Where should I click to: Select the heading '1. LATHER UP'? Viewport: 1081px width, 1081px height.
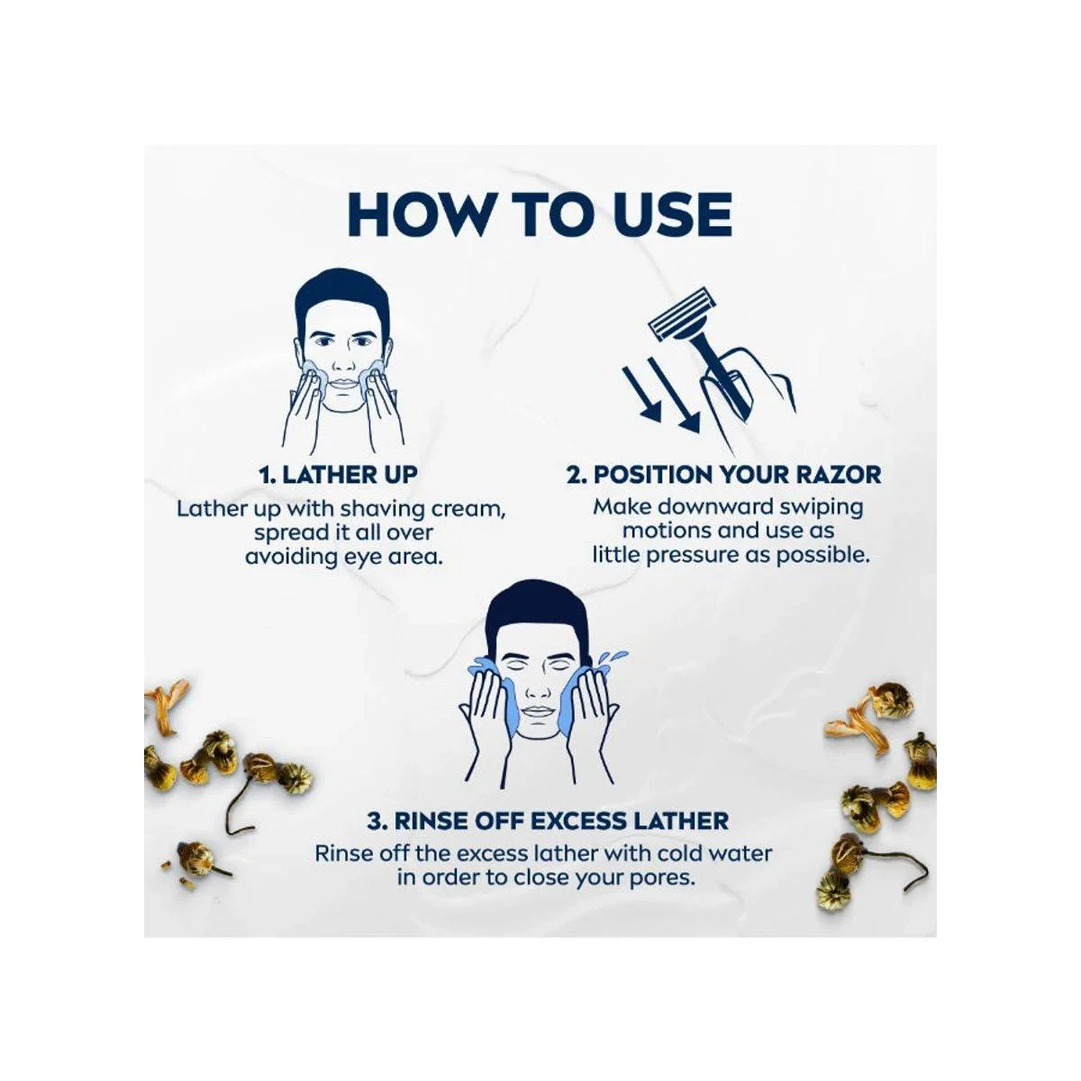339,475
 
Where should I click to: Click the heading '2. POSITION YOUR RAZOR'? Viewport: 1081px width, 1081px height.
723,475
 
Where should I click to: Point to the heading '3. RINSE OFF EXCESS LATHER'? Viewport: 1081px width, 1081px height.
548,822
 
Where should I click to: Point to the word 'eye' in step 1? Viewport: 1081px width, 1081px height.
359,559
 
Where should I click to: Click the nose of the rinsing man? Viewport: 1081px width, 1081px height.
539,686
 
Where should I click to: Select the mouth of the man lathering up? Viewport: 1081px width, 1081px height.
342,385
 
